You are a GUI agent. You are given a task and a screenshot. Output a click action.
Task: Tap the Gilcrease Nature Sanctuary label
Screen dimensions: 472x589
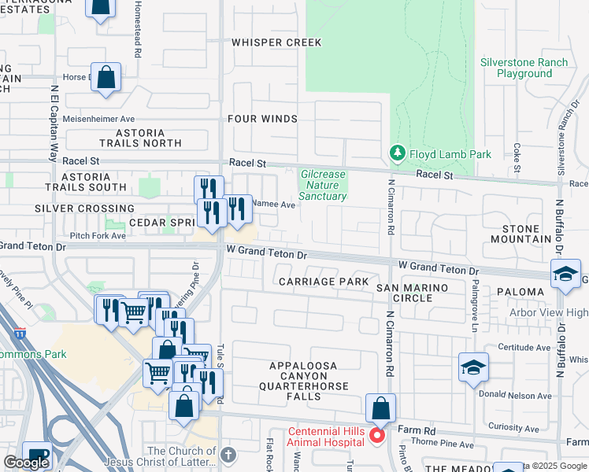pyautogui.click(x=323, y=185)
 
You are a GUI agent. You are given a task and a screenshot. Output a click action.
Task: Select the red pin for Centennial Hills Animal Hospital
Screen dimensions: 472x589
pyautogui.click(x=376, y=435)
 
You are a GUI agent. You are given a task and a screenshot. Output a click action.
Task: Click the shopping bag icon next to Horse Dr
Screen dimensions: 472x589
pyautogui.click(x=106, y=78)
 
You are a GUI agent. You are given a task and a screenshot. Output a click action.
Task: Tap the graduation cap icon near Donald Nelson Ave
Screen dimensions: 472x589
pyautogui.click(x=473, y=367)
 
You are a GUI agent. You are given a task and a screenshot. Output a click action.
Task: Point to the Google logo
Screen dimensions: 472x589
pyautogui.click(x=27, y=463)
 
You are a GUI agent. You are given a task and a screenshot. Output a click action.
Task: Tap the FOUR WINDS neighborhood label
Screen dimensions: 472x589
pyautogui.click(x=262, y=119)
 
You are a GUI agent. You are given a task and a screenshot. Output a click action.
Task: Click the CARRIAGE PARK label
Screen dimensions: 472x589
pyautogui.click(x=323, y=281)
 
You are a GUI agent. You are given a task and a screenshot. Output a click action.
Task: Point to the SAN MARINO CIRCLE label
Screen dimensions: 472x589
pyautogui.click(x=414, y=293)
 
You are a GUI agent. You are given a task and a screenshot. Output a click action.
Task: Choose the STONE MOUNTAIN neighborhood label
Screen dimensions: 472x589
pyautogui.click(x=520, y=233)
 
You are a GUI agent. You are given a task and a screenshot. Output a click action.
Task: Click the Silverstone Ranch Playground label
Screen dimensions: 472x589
pyautogui.click(x=524, y=68)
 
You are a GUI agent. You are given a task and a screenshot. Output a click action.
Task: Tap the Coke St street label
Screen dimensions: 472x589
pyautogui.click(x=517, y=157)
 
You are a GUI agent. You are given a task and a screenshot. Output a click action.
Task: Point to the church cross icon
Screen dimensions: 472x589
pyautogui.click(x=228, y=455)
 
